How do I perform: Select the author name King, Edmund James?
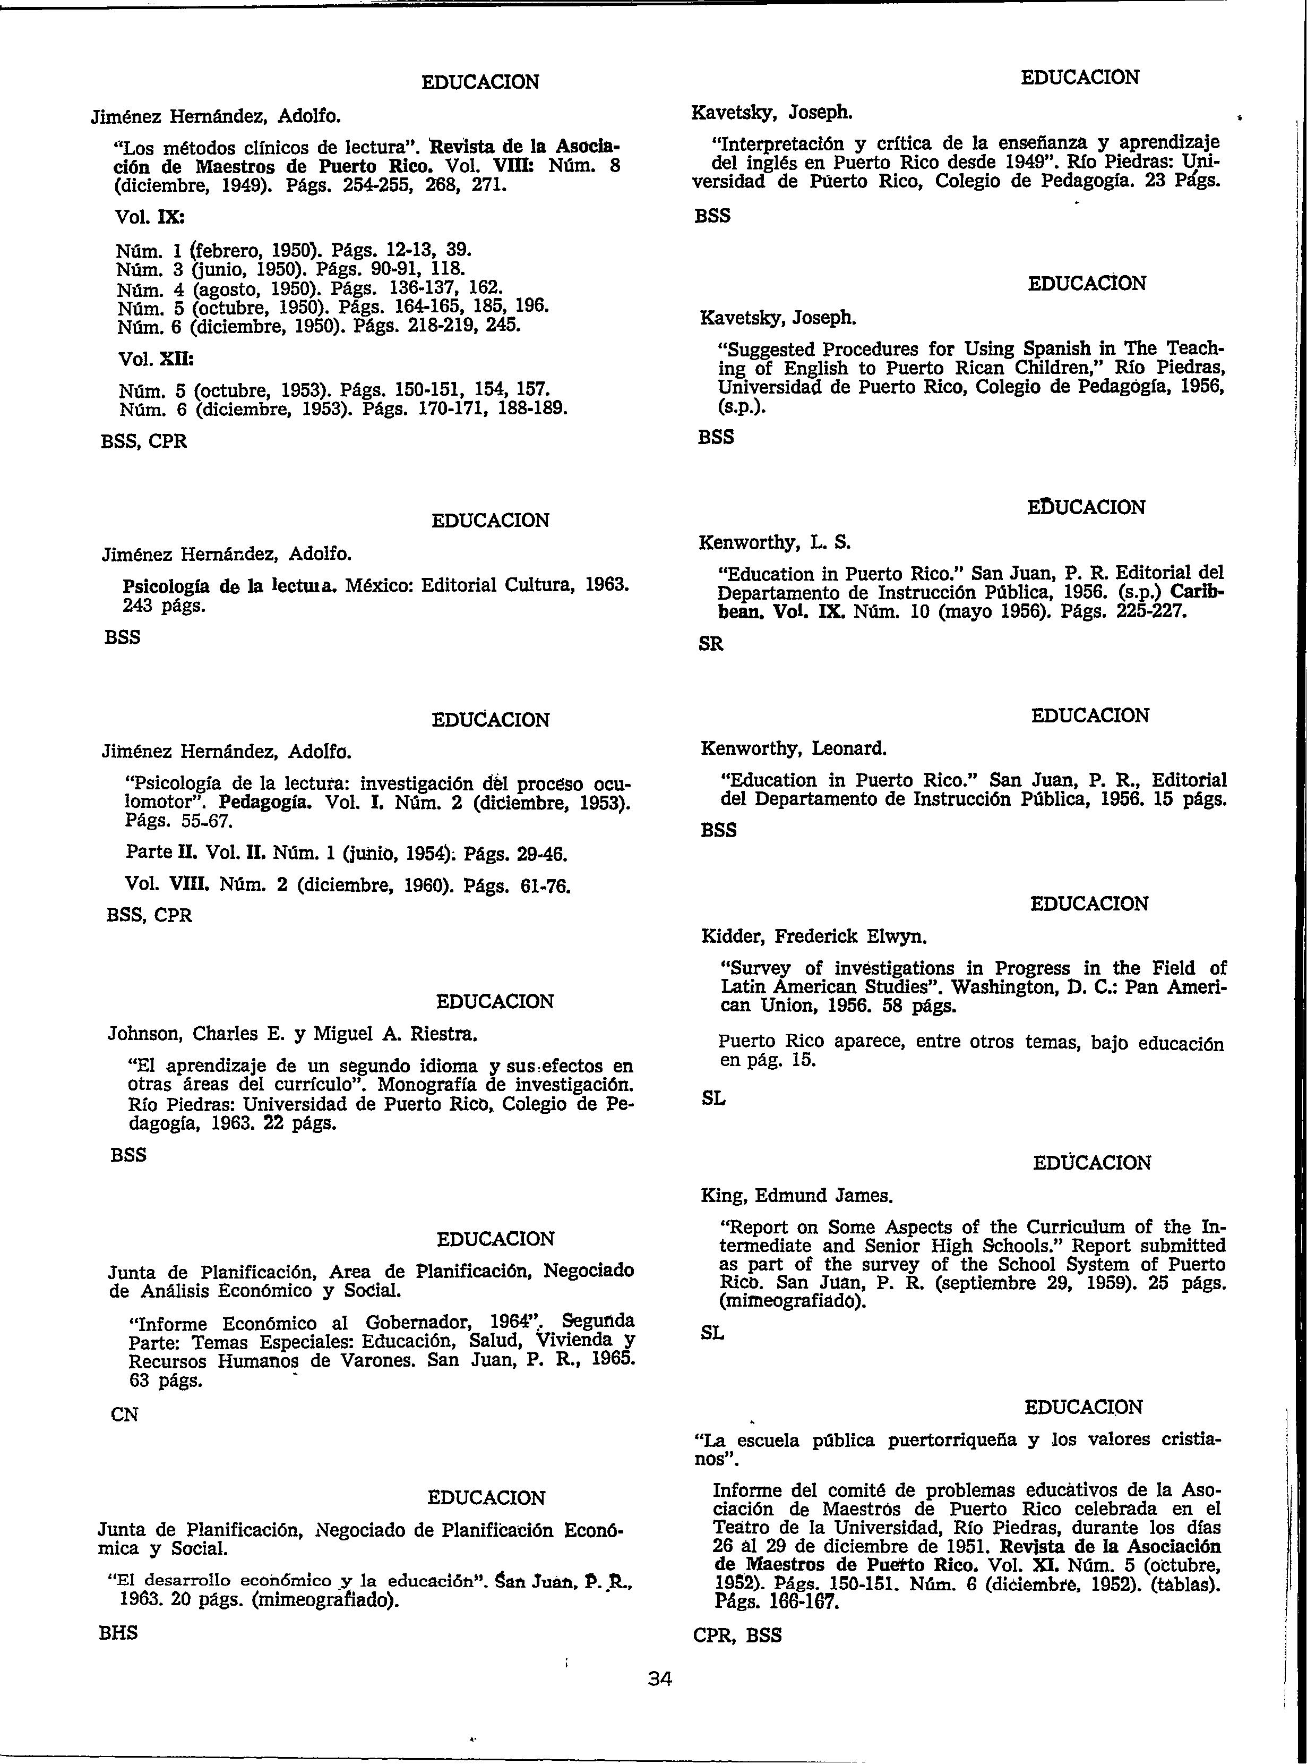click(x=797, y=1195)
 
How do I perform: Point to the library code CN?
click(x=125, y=1414)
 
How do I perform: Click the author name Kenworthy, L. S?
click(x=775, y=543)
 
